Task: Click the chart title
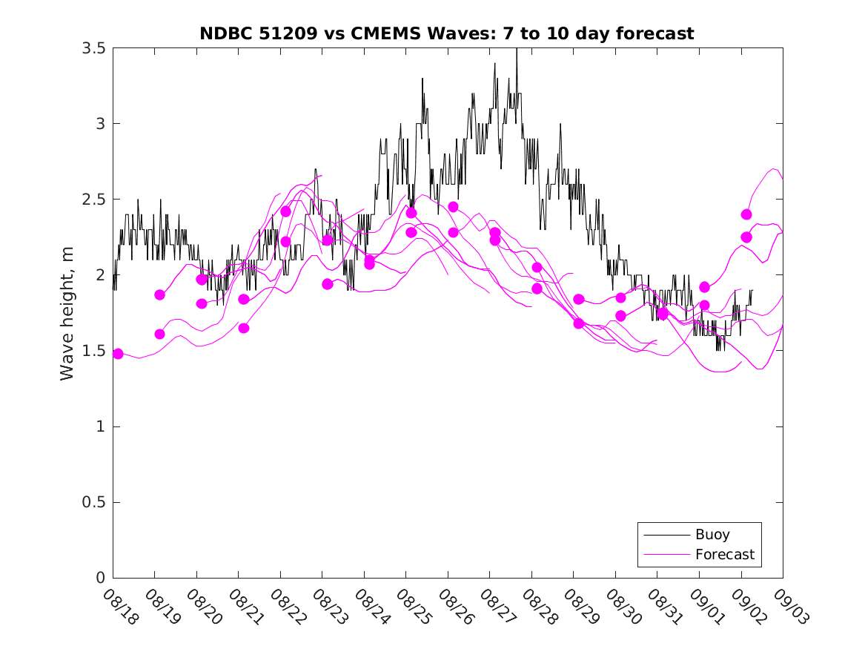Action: [x=447, y=33]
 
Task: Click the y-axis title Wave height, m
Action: [x=67, y=313]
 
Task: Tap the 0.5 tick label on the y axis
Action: [x=94, y=502]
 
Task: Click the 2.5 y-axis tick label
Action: [x=94, y=200]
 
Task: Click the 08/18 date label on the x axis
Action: [x=121, y=607]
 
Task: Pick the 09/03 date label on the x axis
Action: [x=791, y=607]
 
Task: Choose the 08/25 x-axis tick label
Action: [x=414, y=607]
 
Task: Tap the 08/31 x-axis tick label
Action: [x=665, y=607]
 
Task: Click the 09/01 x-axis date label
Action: [x=707, y=607]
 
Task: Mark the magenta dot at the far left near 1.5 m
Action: [x=118, y=354]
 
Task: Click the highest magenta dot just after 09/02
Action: [x=746, y=214]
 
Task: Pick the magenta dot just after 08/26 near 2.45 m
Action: [x=453, y=206]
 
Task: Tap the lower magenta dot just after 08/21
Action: [x=244, y=328]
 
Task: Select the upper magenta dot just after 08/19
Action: [x=159, y=294]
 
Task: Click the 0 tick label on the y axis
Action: [x=101, y=578]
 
